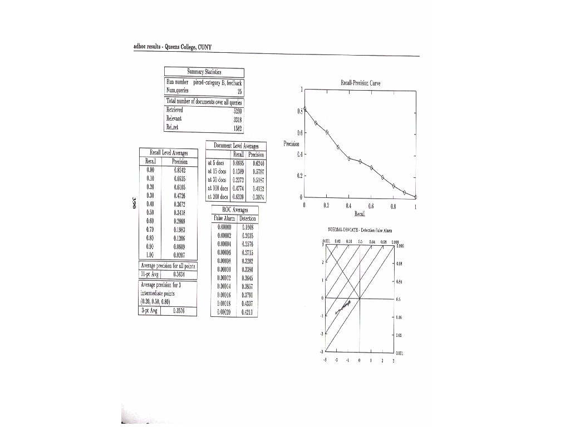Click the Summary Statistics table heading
pyautogui.click(x=204, y=72)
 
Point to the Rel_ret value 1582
pyautogui.click(x=236, y=128)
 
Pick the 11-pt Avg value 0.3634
pyautogui.click(x=179, y=274)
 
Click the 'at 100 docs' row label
pyautogui.click(x=218, y=188)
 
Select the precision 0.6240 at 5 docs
pyautogui.click(x=258, y=163)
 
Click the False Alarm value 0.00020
pyautogui.click(x=224, y=312)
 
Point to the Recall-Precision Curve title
pyautogui.click(x=360, y=83)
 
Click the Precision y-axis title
pyautogui.click(x=291, y=143)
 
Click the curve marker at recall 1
pyautogui.click(x=416, y=197)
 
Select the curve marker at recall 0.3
pyautogui.click(x=338, y=147)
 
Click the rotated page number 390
pyautogui.click(x=134, y=202)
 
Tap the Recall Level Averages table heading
pyautogui.click(x=169, y=152)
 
